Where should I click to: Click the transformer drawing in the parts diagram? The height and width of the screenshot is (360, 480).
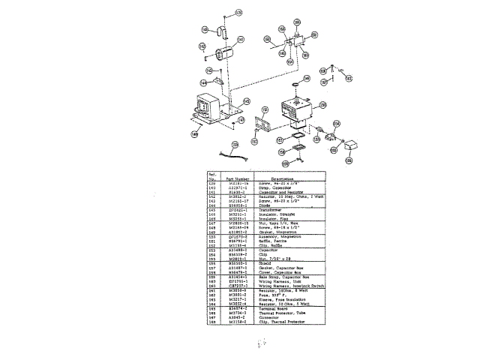click(211, 109)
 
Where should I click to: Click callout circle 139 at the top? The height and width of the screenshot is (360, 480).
click(238, 13)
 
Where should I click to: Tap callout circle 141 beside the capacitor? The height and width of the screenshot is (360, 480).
click(241, 40)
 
